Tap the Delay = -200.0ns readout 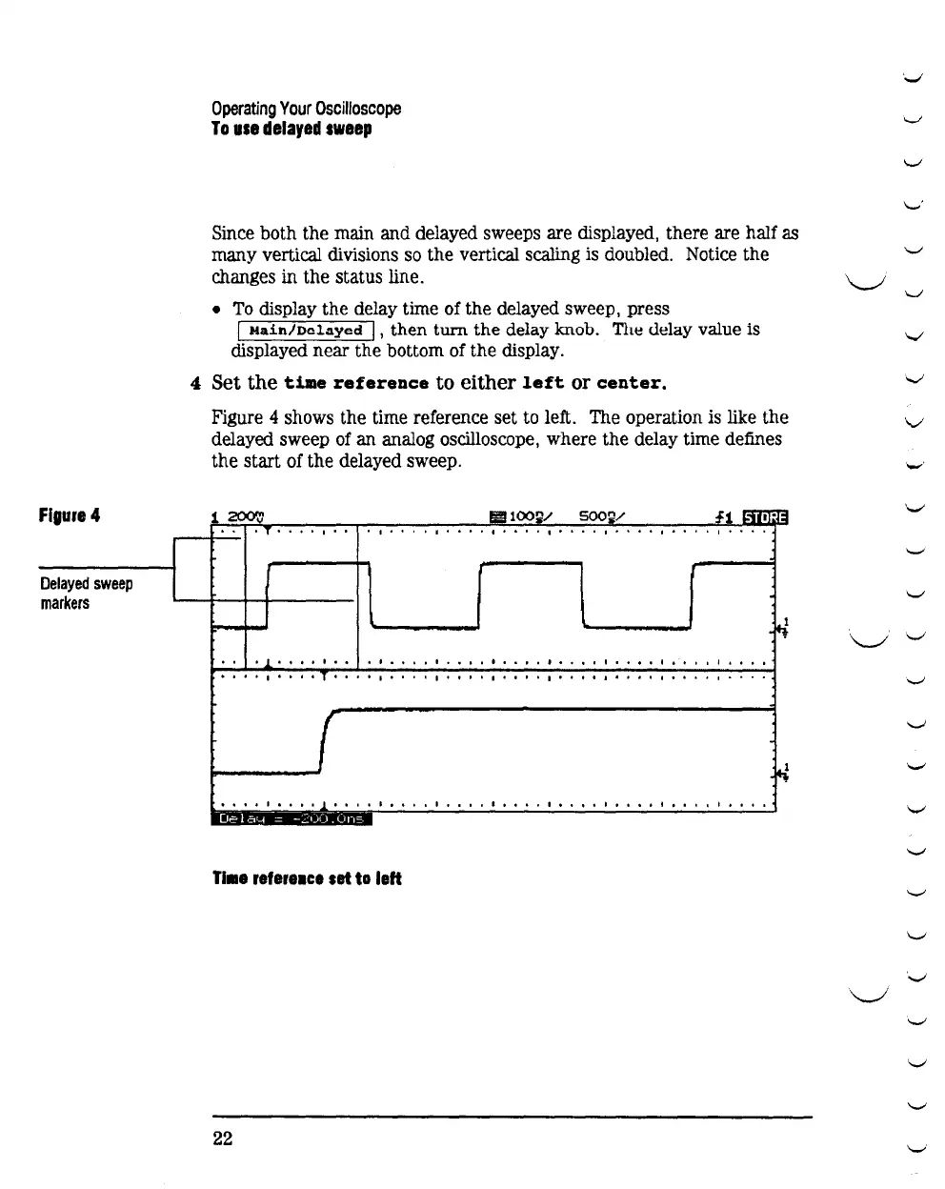292,819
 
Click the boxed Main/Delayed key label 306,331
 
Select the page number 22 223,1139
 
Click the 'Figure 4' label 70,515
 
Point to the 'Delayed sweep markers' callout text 86,593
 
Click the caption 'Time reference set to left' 307,878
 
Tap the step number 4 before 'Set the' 195,383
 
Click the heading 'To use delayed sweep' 292,129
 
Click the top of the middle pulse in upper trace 530,565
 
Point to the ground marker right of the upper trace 783,627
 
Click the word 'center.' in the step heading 631,383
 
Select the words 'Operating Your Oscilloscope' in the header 306,109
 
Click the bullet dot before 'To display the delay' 218,310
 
